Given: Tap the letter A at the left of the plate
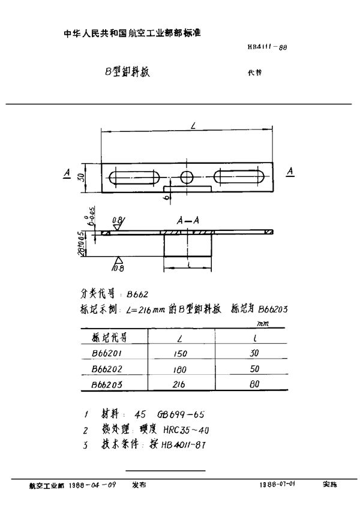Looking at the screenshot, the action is click(66, 172).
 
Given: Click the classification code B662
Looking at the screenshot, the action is click(138, 294).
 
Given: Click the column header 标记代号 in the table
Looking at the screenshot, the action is click(109, 336).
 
